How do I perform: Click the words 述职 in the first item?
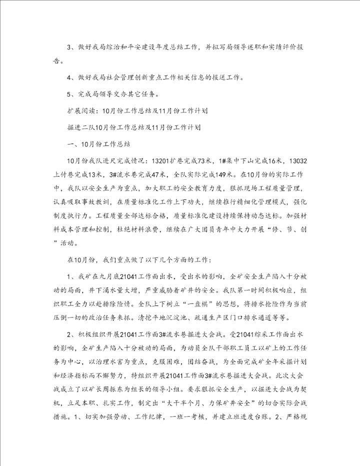(257, 47)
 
